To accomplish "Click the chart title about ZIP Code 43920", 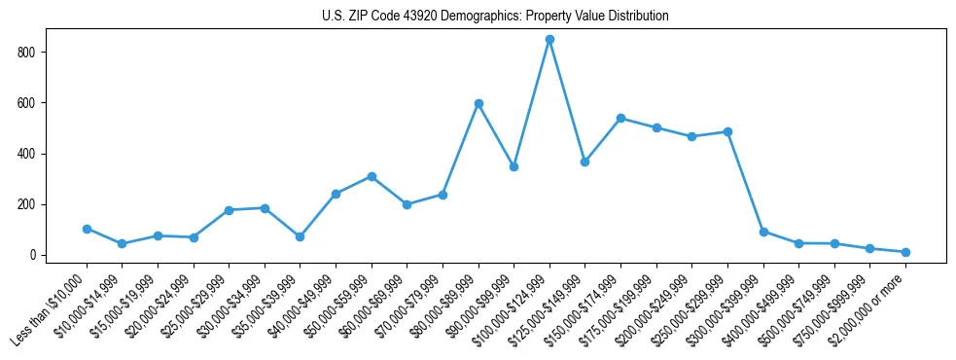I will [x=495, y=17].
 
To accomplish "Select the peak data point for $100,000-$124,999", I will [x=549, y=40].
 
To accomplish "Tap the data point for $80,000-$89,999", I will [x=478, y=103].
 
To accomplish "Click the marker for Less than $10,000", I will [x=87, y=229].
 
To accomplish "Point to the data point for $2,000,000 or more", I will [x=905, y=252].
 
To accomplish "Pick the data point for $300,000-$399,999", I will [x=763, y=232].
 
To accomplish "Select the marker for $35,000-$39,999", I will [x=301, y=236].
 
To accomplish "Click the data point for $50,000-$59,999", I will [x=372, y=176].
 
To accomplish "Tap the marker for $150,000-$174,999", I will [x=620, y=118].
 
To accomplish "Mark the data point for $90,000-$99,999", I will [x=513, y=166].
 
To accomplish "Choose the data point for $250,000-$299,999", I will [x=727, y=131].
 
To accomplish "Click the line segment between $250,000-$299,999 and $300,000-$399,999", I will [x=746, y=182].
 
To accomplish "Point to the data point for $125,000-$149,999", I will [x=584, y=162].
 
